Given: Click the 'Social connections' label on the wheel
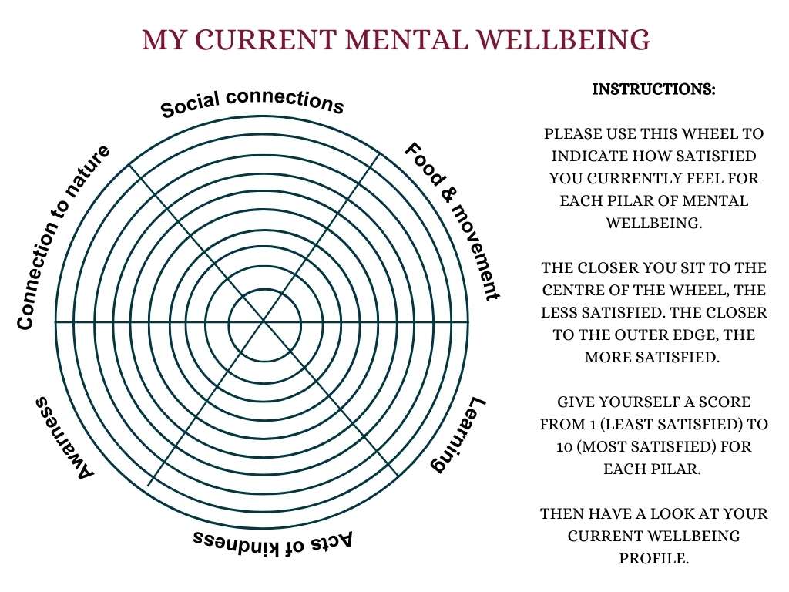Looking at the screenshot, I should (x=252, y=103).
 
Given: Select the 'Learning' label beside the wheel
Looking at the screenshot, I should (x=458, y=436).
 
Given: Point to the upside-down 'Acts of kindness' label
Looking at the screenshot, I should (x=273, y=539).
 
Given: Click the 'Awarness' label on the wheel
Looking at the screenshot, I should (x=64, y=437).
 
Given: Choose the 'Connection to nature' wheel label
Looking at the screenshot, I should (x=63, y=237).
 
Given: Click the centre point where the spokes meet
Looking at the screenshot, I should (x=264, y=320).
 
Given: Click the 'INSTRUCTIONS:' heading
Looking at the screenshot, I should (x=653, y=89).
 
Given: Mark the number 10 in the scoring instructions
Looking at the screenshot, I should (x=564, y=447).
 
